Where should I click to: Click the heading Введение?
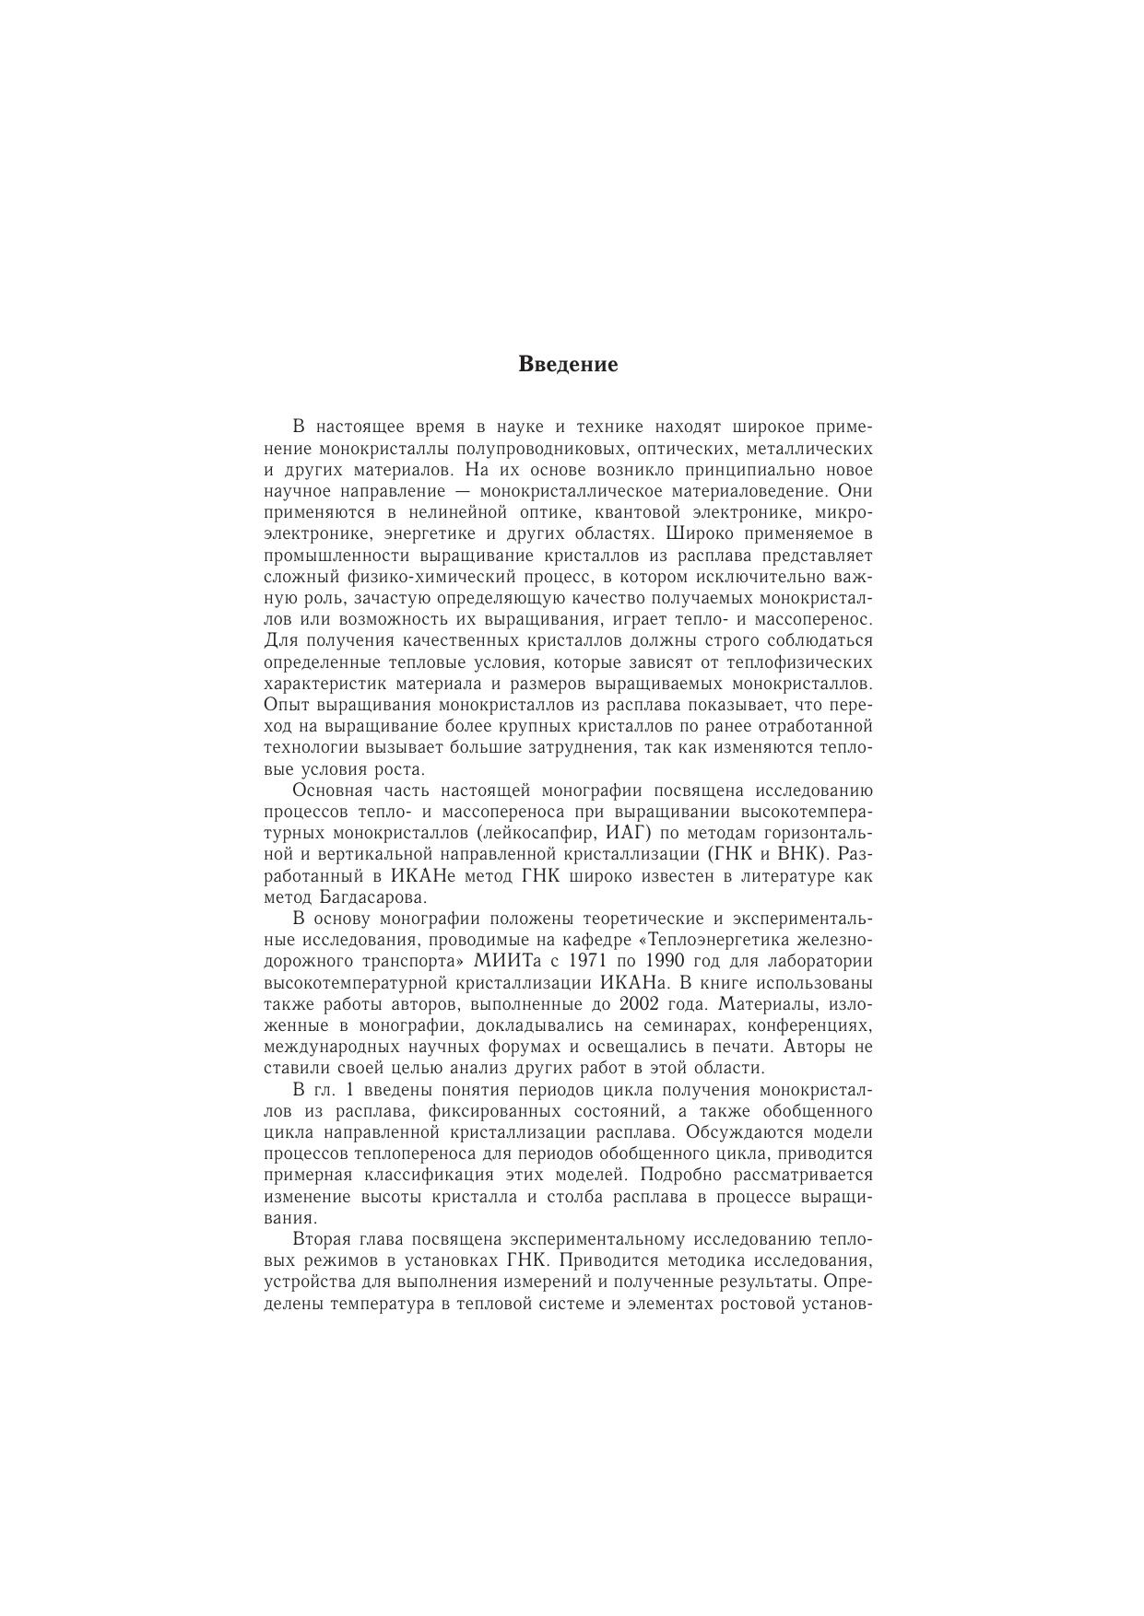[x=568, y=364]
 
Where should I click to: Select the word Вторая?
[x=323, y=1238]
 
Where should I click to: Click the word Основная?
[x=331, y=790]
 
